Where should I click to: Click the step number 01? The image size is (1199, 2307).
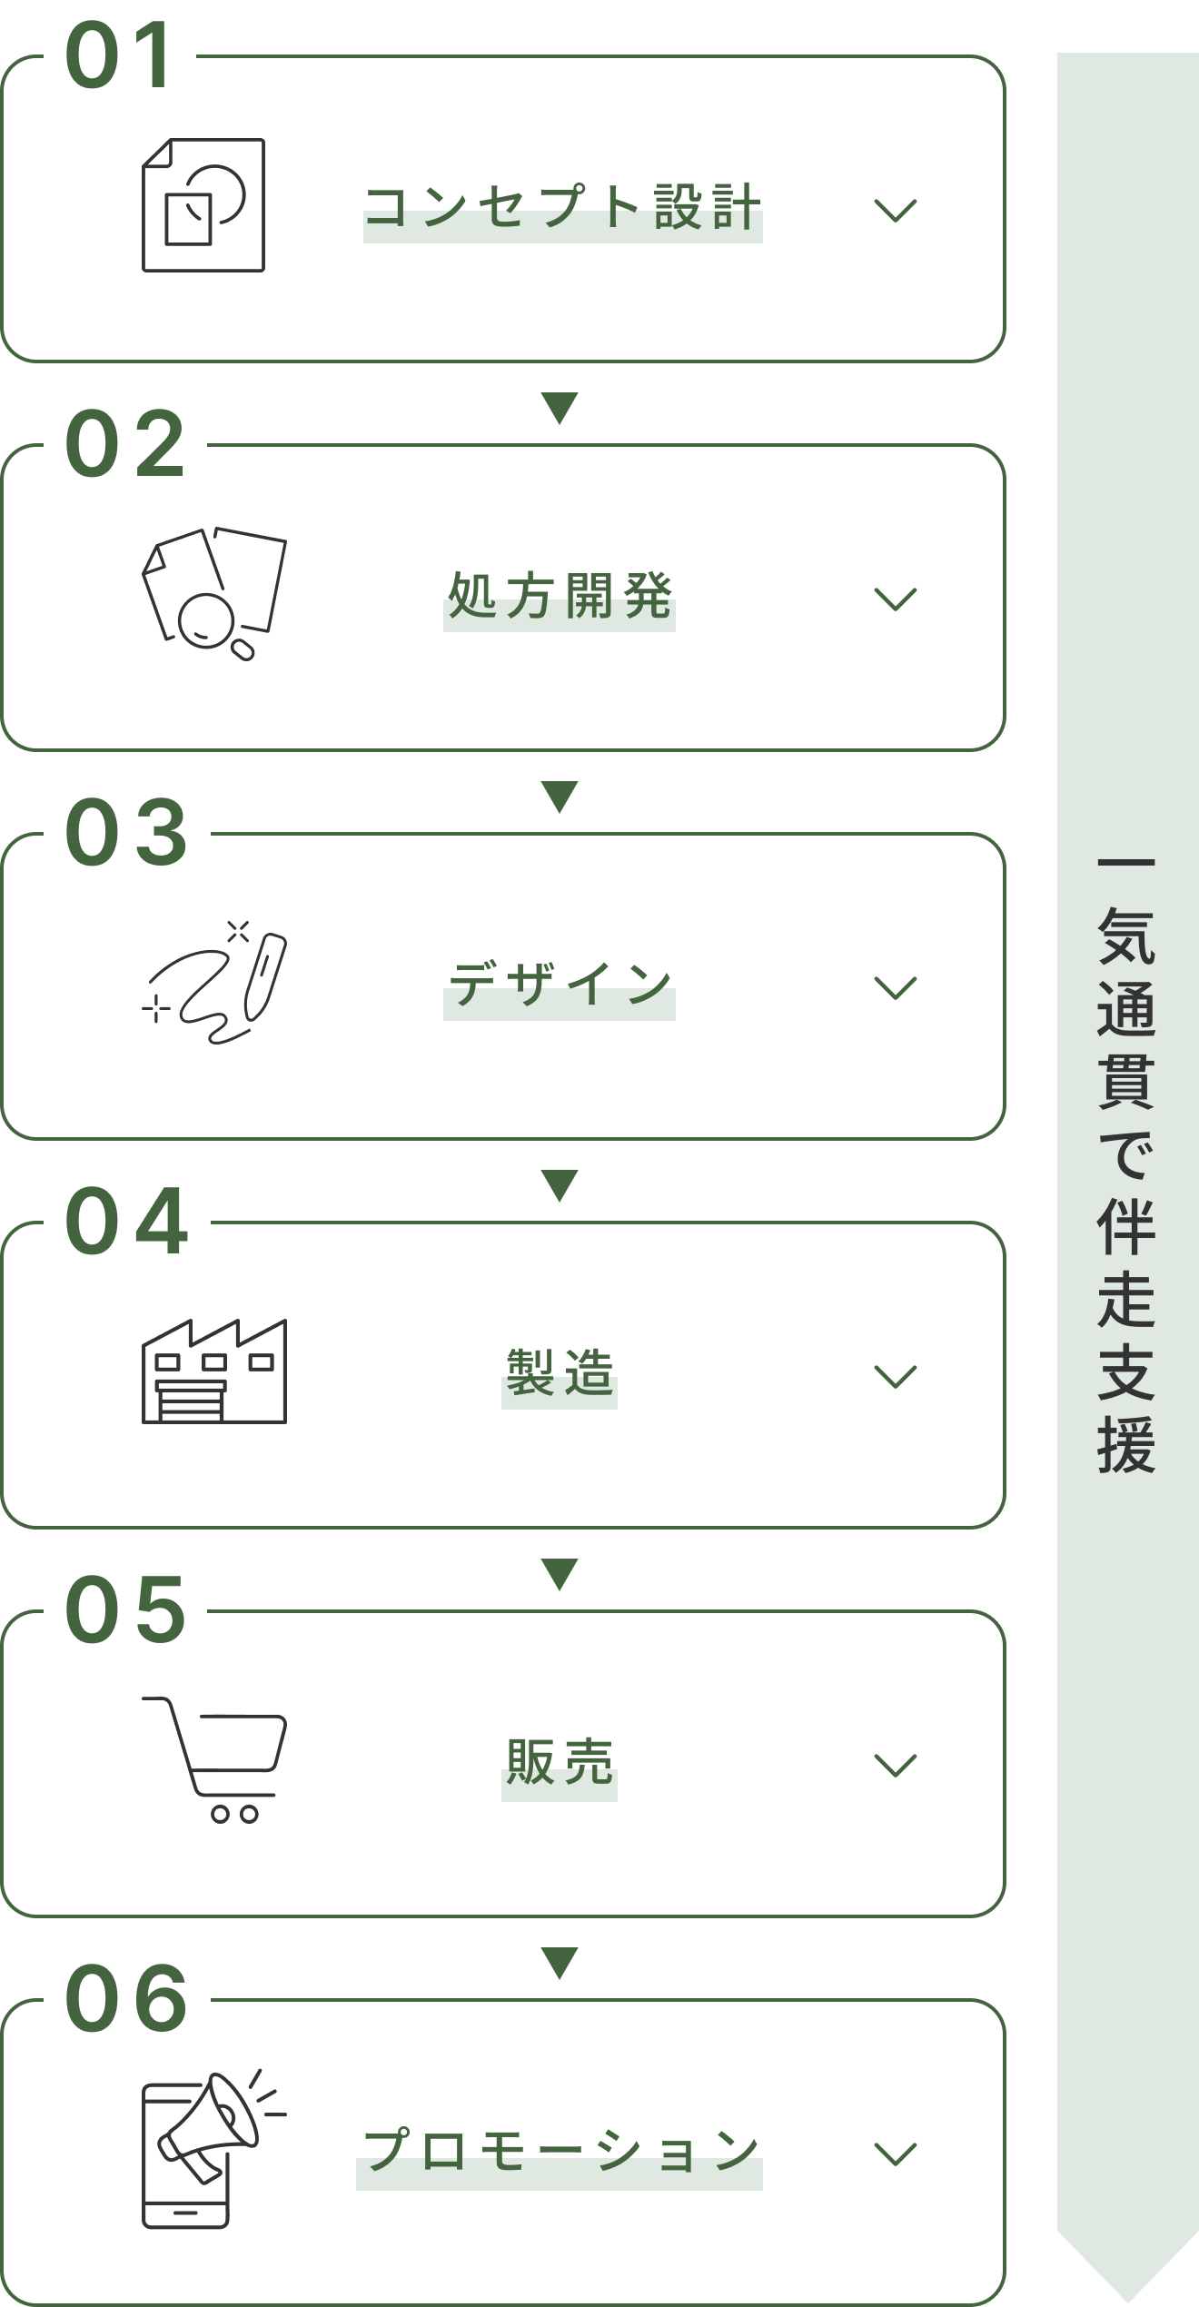pos(119,56)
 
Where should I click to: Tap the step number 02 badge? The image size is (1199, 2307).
pos(125,443)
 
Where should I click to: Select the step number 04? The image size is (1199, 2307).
pos(127,1221)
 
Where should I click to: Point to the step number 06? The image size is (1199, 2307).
pos(127,1998)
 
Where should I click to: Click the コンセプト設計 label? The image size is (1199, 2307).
pos(562,208)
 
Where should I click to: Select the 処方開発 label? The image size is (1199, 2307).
pos(560,597)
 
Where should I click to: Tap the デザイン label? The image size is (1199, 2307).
pos(560,985)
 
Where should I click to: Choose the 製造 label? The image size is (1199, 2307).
pos(560,1373)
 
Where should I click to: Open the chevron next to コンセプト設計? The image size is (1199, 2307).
pos(895,211)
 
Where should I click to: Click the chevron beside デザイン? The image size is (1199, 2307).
pos(895,987)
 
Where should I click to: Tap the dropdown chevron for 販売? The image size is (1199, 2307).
pos(895,1765)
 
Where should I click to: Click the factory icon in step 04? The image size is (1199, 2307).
pos(214,1371)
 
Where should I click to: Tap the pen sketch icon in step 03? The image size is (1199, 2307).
pos(216,984)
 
